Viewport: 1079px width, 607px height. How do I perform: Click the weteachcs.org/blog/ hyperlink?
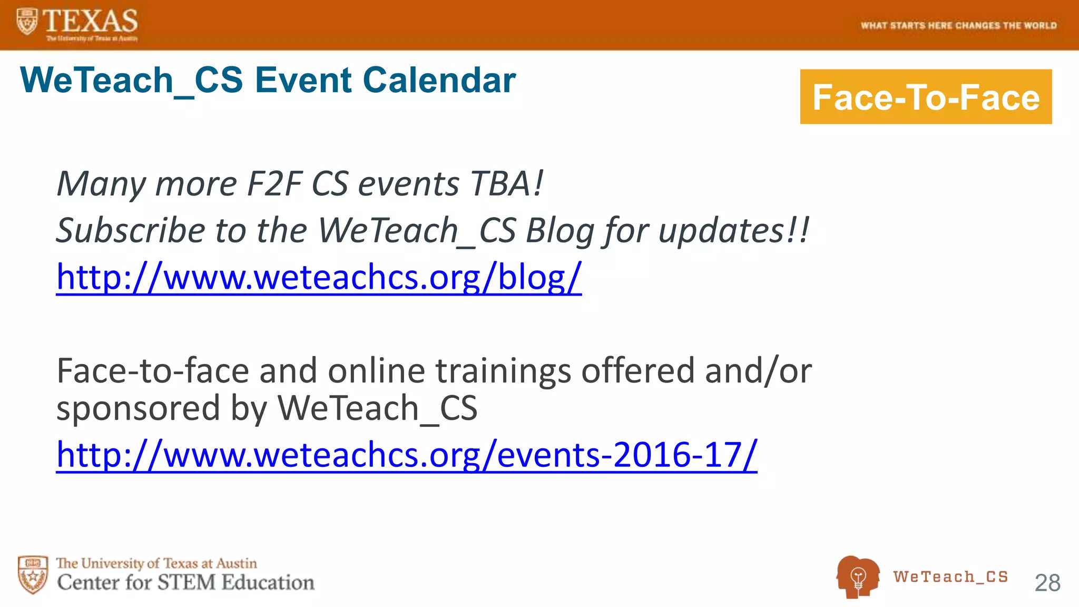[x=319, y=277]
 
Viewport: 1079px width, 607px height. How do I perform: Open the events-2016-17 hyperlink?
[x=406, y=455]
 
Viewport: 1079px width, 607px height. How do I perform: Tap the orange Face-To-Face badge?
[x=926, y=97]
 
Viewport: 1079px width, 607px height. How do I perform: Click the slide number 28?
[x=1047, y=583]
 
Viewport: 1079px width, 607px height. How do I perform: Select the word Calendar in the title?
[x=439, y=80]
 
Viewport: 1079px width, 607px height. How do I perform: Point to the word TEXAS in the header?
[x=90, y=21]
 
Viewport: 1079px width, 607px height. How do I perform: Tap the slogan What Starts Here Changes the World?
[x=958, y=25]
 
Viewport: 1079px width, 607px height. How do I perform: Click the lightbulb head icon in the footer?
[x=857, y=576]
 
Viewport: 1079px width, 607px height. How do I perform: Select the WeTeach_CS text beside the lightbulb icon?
[x=950, y=577]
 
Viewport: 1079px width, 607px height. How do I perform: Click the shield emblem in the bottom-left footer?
[x=33, y=574]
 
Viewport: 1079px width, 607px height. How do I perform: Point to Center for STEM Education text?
[x=185, y=582]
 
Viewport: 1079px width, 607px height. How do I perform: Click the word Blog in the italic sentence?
[x=560, y=230]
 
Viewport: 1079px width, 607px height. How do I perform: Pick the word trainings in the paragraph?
[x=503, y=370]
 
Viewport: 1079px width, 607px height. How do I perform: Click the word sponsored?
[x=138, y=408]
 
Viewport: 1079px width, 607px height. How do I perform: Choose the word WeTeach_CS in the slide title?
[x=131, y=80]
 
